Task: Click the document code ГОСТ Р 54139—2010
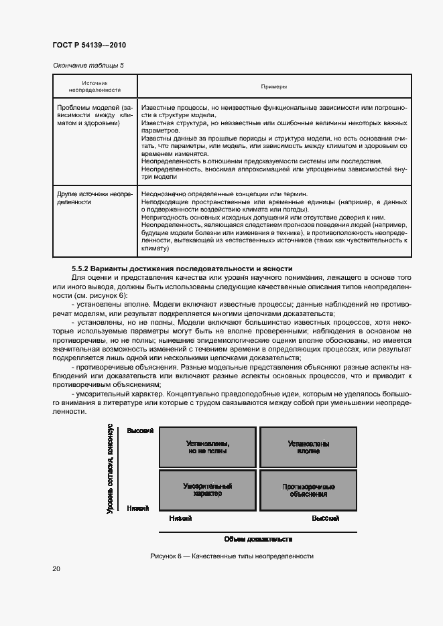pyautogui.click(x=89, y=46)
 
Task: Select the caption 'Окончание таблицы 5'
pyautogui.click(x=88, y=65)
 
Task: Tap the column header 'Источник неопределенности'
pyautogui.click(x=94, y=86)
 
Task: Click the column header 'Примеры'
pyautogui.click(x=273, y=86)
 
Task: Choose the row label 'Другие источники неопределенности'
pyautogui.click(x=94, y=198)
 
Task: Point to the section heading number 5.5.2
pyautogui.click(x=81, y=268)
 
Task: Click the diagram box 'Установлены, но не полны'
pyautogui.click(x=207, y=447)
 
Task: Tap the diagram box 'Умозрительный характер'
pyautogui.click(x=207, y=489)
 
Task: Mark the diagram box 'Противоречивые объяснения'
pyautogui.click(x=308, y=489)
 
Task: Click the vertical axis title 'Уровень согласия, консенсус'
pyautogui.click(x=110, y=469)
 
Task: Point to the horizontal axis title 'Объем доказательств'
pyautogui.click(x=258, y=539)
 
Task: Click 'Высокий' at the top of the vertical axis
pyautogui.click(x=141, y=431)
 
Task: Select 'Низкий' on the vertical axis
pyautogui.click(x=137, y=508)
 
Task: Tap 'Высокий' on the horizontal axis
pyautogui.click(x=325, y=518)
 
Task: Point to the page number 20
pyautogui.click(x=56, y=569)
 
